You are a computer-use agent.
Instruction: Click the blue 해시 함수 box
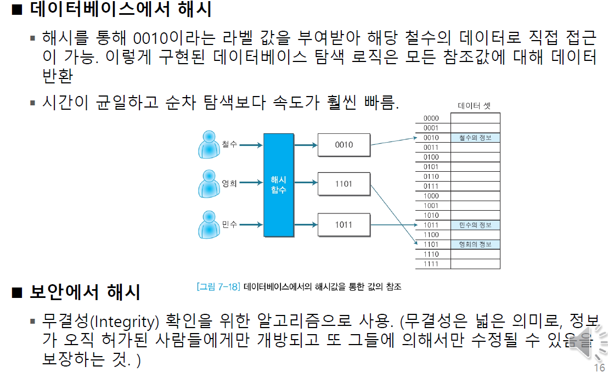(279, 185)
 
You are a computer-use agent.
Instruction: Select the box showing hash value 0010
(344, 145)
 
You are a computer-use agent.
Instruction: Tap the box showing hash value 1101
(344, 184)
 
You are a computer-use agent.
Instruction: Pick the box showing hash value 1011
(344, 224)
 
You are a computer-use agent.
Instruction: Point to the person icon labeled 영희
(209, 184)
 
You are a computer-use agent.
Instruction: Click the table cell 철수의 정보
(475, 138)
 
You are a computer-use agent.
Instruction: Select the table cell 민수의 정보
(475, 225)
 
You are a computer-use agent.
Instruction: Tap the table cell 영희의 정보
(475, 244)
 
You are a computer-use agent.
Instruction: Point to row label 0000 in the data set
(431, 119)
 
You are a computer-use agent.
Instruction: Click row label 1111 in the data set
(431, 264)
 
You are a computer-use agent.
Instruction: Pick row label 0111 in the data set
(431, 187)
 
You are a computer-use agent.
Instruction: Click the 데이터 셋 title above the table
(474, 106)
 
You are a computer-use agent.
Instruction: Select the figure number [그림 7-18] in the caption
(218, 286)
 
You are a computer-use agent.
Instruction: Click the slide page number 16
(599, 367)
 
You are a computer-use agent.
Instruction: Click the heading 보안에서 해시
(85, 292)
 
